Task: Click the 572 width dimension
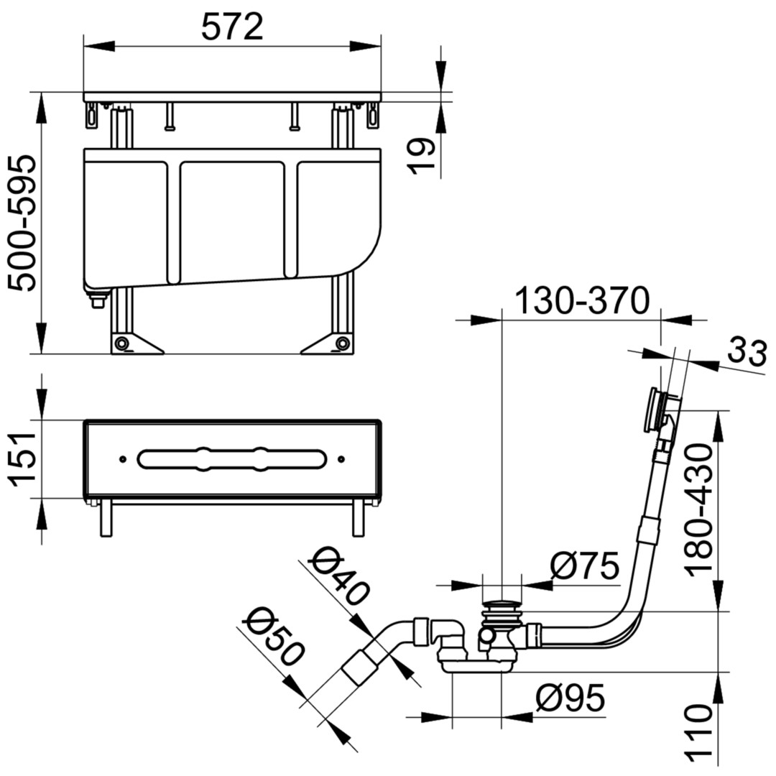point(232,27)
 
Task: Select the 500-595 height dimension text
point(22,223)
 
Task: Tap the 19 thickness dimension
point(420,156)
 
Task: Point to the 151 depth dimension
point(22,458)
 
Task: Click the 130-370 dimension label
point(581,300)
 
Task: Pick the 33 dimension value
point(747,352)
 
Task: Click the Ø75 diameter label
point(585,565)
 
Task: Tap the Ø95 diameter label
point(570,698)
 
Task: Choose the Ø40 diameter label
point(339,575)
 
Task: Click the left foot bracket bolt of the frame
point(121,343)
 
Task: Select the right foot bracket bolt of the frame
point(342,343)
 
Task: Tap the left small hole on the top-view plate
point(123,459)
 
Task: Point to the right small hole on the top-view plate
point(341,459)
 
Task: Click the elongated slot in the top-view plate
point(231,458)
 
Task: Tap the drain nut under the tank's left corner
point(98,300)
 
